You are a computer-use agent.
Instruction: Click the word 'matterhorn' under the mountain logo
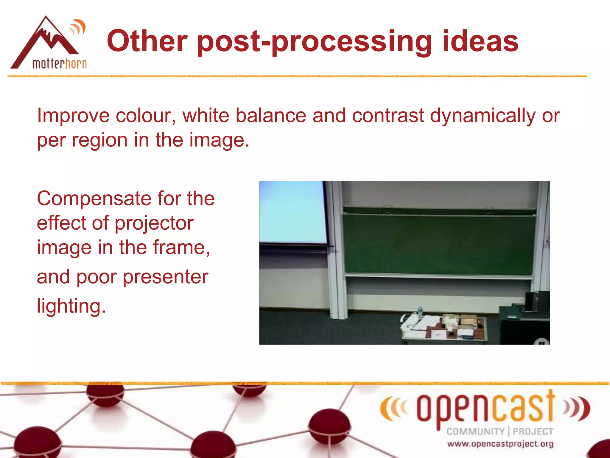59,64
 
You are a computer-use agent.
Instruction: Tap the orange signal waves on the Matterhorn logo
78,28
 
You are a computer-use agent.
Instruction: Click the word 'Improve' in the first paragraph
73,116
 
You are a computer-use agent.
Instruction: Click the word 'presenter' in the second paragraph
165,277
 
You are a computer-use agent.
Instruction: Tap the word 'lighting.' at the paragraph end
71,306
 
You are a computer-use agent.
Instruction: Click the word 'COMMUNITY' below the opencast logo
475,431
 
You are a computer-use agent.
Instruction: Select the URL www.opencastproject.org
500,444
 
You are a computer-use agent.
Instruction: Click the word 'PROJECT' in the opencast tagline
533,431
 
